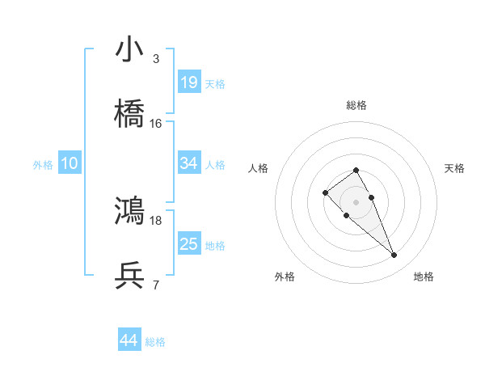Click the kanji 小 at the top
[x=130, y=50]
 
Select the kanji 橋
[x=130, y=115]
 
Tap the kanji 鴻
[x=130, y=211]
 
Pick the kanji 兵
[x=130, y=277]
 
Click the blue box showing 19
[x=189, y=82]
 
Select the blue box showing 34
[x=189, y=163]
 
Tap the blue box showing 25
[x=189, y=244]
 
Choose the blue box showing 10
[x=70, y=164]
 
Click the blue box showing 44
[x=129, y=341]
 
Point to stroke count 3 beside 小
[x=156, y=59]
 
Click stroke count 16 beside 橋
[x=156, y=124]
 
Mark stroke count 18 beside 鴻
[x=156, y=220]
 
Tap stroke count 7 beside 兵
[x=156, y=285]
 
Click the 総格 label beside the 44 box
[x=155, y=342]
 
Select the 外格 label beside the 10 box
[x=43, y=165]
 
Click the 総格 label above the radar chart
[x=356, y=105]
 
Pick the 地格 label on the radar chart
[x=424, y=277]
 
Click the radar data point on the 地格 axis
[x=394, y=255]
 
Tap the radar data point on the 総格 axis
[x=356, y=170]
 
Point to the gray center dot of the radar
[x=356, y=202]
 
